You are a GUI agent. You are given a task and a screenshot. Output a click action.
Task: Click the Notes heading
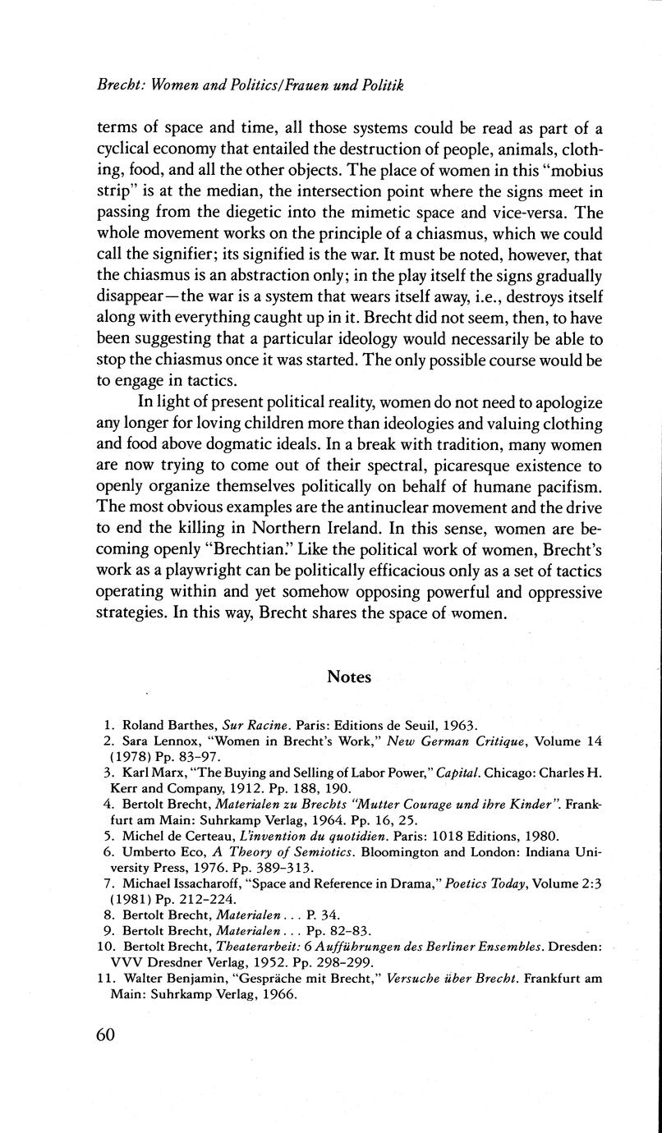(349, 677)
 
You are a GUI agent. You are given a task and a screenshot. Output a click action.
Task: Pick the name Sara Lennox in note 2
(154, 741)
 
